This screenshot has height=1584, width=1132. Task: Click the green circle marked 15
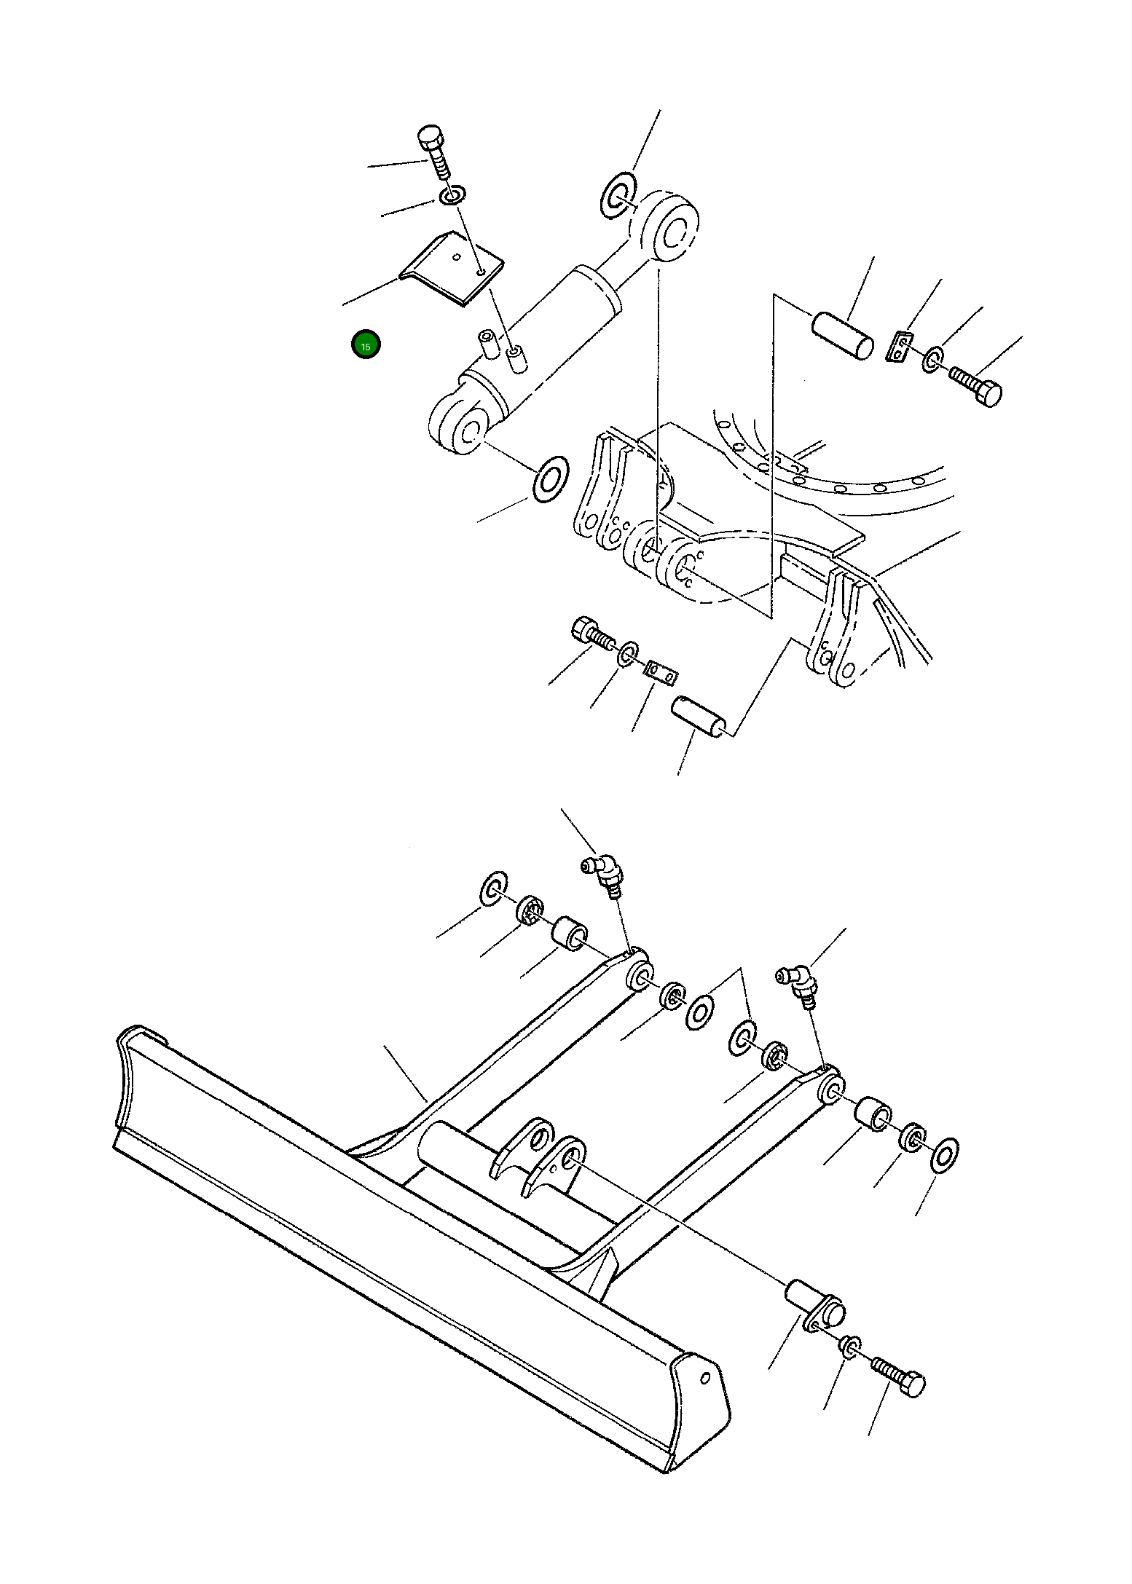366,346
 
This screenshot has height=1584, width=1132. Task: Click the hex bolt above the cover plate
434,153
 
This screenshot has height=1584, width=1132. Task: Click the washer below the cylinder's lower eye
551,478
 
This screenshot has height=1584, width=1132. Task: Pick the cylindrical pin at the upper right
842,334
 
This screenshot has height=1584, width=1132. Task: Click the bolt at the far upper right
978,384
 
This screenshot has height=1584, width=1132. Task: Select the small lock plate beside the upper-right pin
900,344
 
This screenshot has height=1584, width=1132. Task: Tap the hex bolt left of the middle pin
590,632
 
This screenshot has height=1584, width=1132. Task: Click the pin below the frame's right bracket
699,717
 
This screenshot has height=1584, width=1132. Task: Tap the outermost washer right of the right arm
946,1156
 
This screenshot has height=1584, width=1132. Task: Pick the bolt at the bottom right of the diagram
899,1376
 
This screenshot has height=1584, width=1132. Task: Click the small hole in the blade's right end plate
705,1377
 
